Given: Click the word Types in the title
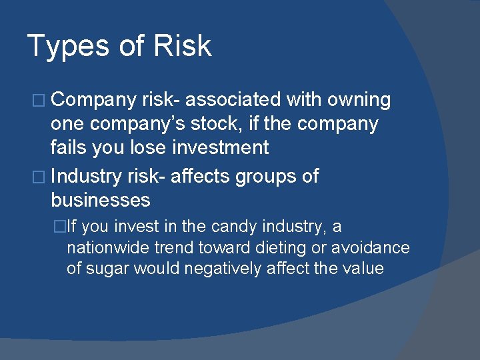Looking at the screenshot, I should (x=65, y=47).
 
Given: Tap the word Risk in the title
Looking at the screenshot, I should (x=182, y=45).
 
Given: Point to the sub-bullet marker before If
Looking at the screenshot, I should (x=60, y=227).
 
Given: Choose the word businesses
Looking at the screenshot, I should (x=100, y=200).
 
